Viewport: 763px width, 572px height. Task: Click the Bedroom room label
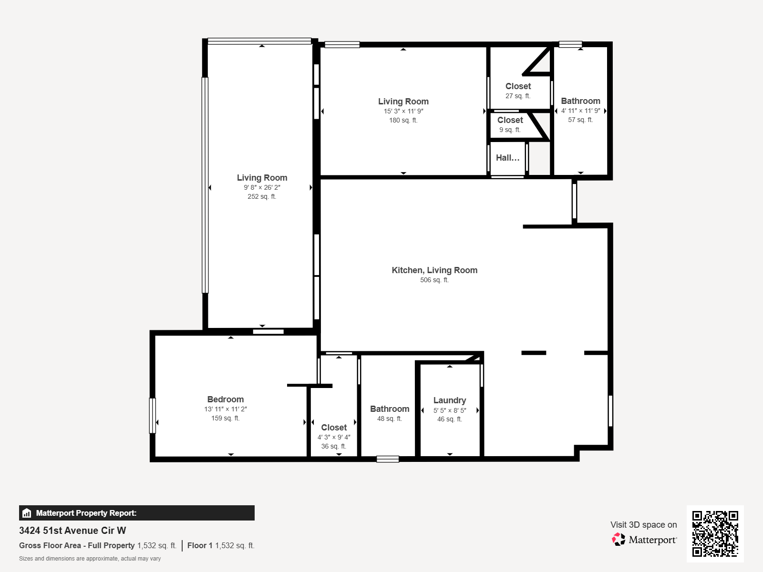tap(225, 399)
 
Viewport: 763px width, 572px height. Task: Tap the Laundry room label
tap(449, 400)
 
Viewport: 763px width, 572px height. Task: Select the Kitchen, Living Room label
tap(434, 270)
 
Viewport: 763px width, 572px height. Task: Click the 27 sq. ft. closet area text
tap(518, 96)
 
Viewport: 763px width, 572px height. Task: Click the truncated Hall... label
tap(507, 158)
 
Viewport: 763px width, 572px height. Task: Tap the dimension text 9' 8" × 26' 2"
tap(262, 187)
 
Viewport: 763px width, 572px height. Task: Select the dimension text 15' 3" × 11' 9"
tap(403, 111)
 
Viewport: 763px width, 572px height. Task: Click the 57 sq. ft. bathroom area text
tap(580, 120)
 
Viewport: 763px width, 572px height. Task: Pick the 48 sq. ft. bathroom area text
tap(390, 419)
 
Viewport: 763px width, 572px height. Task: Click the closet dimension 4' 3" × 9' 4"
tap(334, 437)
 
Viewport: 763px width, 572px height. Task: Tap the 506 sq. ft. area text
tap(434, 280)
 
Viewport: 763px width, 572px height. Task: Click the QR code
tap(715, 533)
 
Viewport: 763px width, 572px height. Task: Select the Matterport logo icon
tap(619, 540)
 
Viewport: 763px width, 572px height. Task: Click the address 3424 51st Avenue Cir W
tap(72, 531)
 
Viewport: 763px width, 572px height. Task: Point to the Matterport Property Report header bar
tap(136, 513)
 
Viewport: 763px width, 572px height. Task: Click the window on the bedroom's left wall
tap(153, 416)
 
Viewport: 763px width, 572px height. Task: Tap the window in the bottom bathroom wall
tap(388, 459)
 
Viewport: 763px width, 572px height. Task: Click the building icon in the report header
tap(27, 513)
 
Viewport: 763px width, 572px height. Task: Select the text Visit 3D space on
tap(643, 525)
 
